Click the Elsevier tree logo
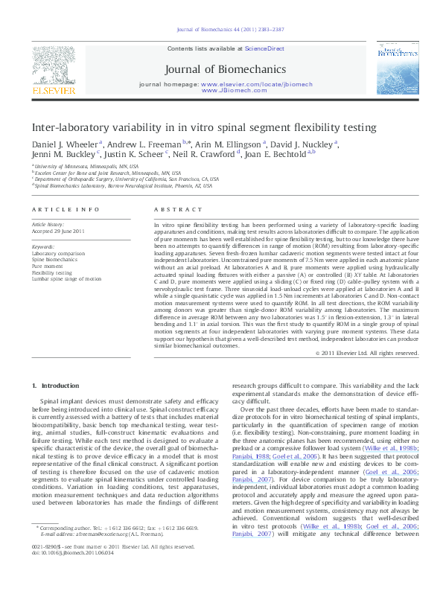coord(54,67)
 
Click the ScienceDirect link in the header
coord(265,48)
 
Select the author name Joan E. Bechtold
coord(275,155)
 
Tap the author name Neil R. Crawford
coord(204,155)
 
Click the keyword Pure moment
coord(47,266)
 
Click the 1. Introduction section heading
coord(57,386)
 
